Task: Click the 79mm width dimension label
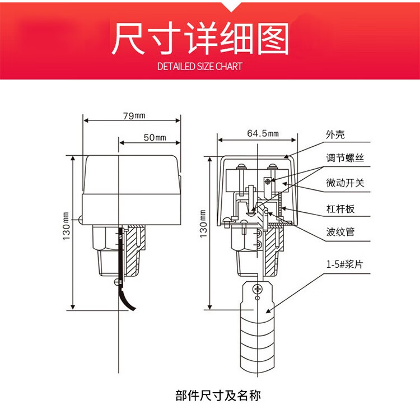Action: pyautogui.click(x=133, y=115)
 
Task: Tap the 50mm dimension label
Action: pyautogui.click(x=155, y=137)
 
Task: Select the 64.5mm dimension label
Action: pyautogui.click(x=262, y=133)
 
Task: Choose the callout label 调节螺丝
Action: pyautogui.click(x=345, y=159)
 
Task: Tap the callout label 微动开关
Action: pyautogui.click(x=345, y=183)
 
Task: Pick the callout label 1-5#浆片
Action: pyautogui.click(x=344, y=264)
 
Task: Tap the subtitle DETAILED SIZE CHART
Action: pyautogui.click(x=200, y=67)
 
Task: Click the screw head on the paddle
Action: pyautogui.click(x=257, y=290)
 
